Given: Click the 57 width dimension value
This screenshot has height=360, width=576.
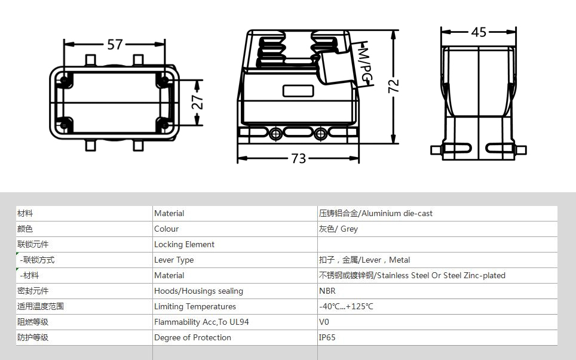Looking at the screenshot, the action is (115, 44).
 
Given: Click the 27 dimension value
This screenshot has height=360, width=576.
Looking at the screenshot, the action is (197, 102).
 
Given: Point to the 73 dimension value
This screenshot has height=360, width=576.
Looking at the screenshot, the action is (298, 159).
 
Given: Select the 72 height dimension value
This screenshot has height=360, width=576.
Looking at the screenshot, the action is (393, 86).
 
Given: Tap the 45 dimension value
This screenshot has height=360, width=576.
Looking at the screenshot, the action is (479, 32).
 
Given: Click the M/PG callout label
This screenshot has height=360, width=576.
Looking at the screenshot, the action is (365, 64).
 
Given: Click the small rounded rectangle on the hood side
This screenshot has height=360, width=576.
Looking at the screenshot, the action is (298, 91).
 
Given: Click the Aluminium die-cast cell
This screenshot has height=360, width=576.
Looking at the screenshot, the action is (375, 213).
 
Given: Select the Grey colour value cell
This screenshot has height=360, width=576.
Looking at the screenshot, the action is (338, 229).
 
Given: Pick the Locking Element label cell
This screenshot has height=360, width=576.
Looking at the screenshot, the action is (184, 244).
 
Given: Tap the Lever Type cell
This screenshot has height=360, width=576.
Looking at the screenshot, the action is (174, 260).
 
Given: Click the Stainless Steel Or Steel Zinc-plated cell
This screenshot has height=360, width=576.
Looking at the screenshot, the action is (412, 275).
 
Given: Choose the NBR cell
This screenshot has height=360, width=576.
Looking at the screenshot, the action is (327, 291).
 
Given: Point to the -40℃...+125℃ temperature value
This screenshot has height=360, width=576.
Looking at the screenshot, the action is (346, 306).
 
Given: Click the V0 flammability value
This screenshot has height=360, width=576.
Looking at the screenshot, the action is (324, 322).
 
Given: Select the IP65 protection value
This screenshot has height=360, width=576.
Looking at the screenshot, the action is (327, 337).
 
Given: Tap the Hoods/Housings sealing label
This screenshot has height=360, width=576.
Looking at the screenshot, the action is (198, 291).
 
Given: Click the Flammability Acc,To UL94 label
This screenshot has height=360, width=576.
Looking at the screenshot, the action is (201, 322).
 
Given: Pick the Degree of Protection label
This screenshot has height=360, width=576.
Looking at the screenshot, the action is (192, 338).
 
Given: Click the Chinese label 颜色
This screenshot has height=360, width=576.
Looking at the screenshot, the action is (25, 229).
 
